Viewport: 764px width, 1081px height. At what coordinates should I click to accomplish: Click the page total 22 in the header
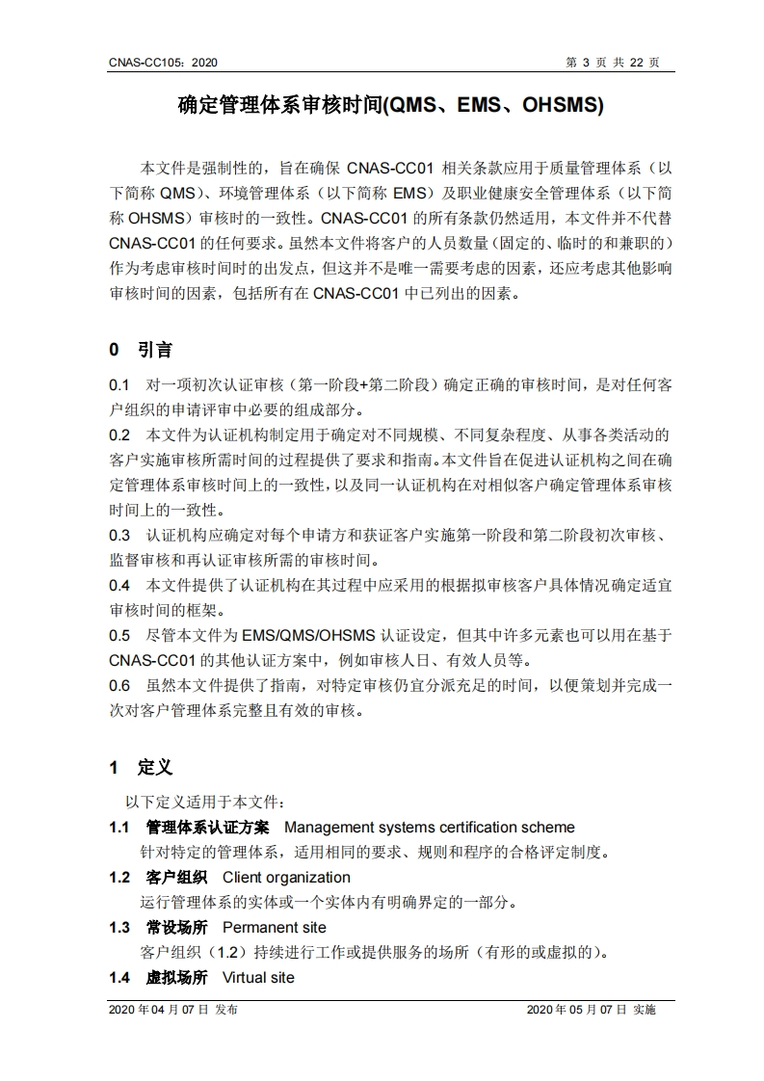(636, 63)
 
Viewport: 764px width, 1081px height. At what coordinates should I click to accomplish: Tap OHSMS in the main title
(563, 105)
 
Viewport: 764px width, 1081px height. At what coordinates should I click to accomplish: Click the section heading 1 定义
(140, 767)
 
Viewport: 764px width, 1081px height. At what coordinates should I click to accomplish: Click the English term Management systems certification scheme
(429, 827)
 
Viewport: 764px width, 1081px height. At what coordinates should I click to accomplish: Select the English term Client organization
(286, 877)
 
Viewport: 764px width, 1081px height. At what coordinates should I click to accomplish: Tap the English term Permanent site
(274, 927)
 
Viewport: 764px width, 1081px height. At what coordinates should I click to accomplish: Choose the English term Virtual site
(258, 977)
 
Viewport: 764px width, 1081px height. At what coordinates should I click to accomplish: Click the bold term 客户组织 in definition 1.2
(176, 877)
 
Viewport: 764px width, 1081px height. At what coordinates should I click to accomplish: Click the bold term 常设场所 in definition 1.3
(176, 927)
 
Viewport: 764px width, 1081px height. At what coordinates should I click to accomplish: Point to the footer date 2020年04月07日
(159, 1010)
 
